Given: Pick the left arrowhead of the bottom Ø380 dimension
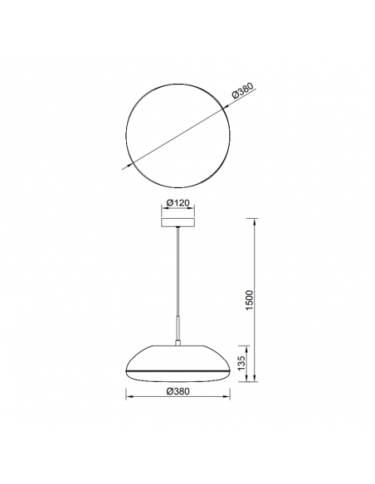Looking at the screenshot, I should [128, 399].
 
